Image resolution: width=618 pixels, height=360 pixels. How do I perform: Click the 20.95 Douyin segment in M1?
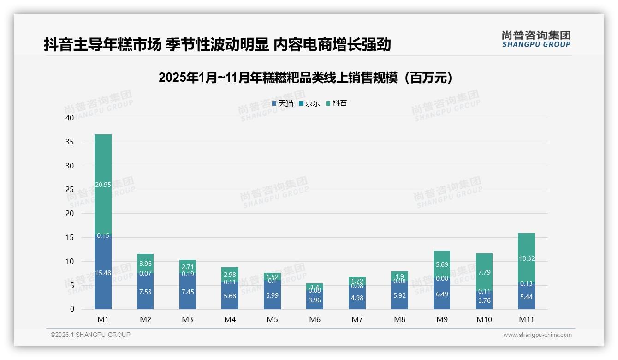103,185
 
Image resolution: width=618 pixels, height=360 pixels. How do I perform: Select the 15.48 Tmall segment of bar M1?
103,273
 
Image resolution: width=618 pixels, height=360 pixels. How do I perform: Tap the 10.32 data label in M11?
527,258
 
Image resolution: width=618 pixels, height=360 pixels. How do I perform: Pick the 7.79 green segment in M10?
484,272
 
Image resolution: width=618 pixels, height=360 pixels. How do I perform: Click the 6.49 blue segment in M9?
442,294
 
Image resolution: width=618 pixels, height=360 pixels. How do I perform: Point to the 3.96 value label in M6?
315,300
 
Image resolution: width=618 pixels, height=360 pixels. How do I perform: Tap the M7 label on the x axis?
357,319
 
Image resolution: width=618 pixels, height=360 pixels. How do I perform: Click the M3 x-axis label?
188,319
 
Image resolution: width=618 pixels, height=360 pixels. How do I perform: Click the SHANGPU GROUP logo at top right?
536,39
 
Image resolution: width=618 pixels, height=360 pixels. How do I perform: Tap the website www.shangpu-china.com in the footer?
537,335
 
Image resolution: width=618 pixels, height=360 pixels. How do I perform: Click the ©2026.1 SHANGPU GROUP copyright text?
90,335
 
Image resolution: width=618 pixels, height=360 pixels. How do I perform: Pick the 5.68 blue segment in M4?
230,296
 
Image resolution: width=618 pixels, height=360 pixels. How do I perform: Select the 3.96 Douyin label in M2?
145,264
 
